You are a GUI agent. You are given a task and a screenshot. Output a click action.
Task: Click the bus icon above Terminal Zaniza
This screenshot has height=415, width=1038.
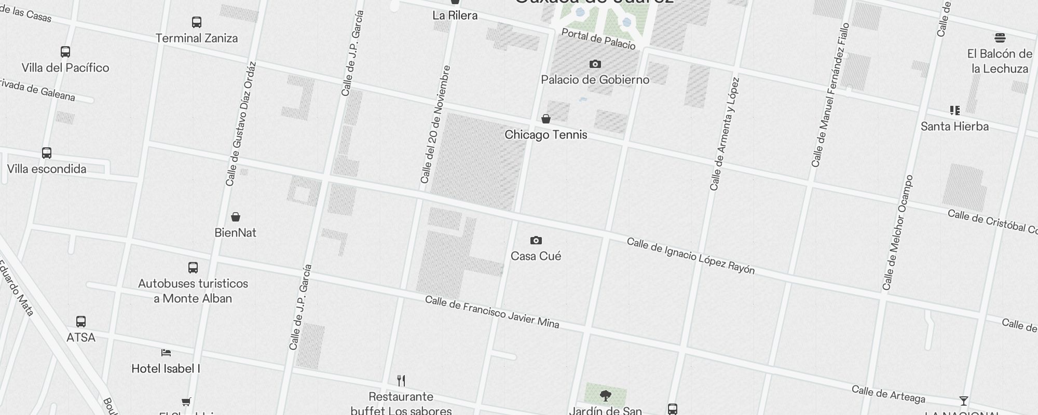pos(197,22)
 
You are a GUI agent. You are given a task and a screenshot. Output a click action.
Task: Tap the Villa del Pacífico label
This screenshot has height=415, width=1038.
pos(65,68)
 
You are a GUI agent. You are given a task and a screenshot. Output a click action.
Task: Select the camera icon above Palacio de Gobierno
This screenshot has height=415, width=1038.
pos(595,64)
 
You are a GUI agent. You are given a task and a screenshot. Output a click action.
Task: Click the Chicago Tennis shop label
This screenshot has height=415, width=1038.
pos(546,135)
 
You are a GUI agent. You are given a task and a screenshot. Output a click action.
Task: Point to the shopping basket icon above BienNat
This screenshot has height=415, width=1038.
pos(236,217)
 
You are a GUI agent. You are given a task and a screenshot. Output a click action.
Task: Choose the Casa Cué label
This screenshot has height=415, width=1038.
pos(536,256)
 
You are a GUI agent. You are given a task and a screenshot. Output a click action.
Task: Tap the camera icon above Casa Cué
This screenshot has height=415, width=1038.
pos(536,241)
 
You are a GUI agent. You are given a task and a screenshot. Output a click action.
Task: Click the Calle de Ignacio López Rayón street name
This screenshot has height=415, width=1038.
pos(691,256)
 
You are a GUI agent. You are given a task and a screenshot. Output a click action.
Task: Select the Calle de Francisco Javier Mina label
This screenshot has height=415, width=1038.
pos(492,312)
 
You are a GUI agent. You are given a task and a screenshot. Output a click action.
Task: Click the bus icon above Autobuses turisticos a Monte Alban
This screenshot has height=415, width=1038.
pos(193,268)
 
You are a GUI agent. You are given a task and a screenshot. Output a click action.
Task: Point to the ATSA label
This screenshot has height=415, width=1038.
pos(81,338)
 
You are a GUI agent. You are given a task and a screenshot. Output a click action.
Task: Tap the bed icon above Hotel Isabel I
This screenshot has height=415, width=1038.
pos(166,353)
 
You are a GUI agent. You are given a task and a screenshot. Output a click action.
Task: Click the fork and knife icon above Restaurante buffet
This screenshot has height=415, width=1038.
pos(401,381)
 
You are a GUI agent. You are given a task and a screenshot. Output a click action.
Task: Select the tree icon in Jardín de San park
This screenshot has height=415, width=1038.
pos(606,396)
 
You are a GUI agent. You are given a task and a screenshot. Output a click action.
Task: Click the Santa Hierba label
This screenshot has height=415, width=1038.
pos(954,127)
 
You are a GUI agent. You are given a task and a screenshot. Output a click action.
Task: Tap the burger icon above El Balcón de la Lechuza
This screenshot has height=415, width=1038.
pos(1000,37)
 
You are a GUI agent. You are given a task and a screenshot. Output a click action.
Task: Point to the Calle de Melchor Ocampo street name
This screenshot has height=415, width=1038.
pos(897,232)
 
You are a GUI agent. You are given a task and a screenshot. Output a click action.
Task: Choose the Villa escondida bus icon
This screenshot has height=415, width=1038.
pos(47,154)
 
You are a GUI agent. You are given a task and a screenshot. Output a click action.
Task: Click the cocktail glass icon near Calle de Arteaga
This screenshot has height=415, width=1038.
pos(964,401)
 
